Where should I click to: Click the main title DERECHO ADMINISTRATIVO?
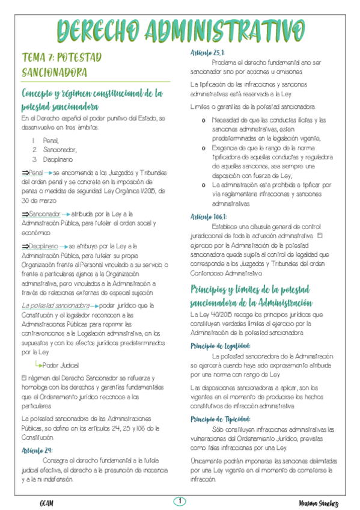180,30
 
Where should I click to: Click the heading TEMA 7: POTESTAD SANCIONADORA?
61,64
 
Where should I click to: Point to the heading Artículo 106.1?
209,215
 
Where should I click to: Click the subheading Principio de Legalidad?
221,346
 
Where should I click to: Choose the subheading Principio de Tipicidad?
221,419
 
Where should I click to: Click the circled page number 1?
180,501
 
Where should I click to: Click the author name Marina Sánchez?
319,503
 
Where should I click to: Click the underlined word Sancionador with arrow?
44,214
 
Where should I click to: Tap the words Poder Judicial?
61,364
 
